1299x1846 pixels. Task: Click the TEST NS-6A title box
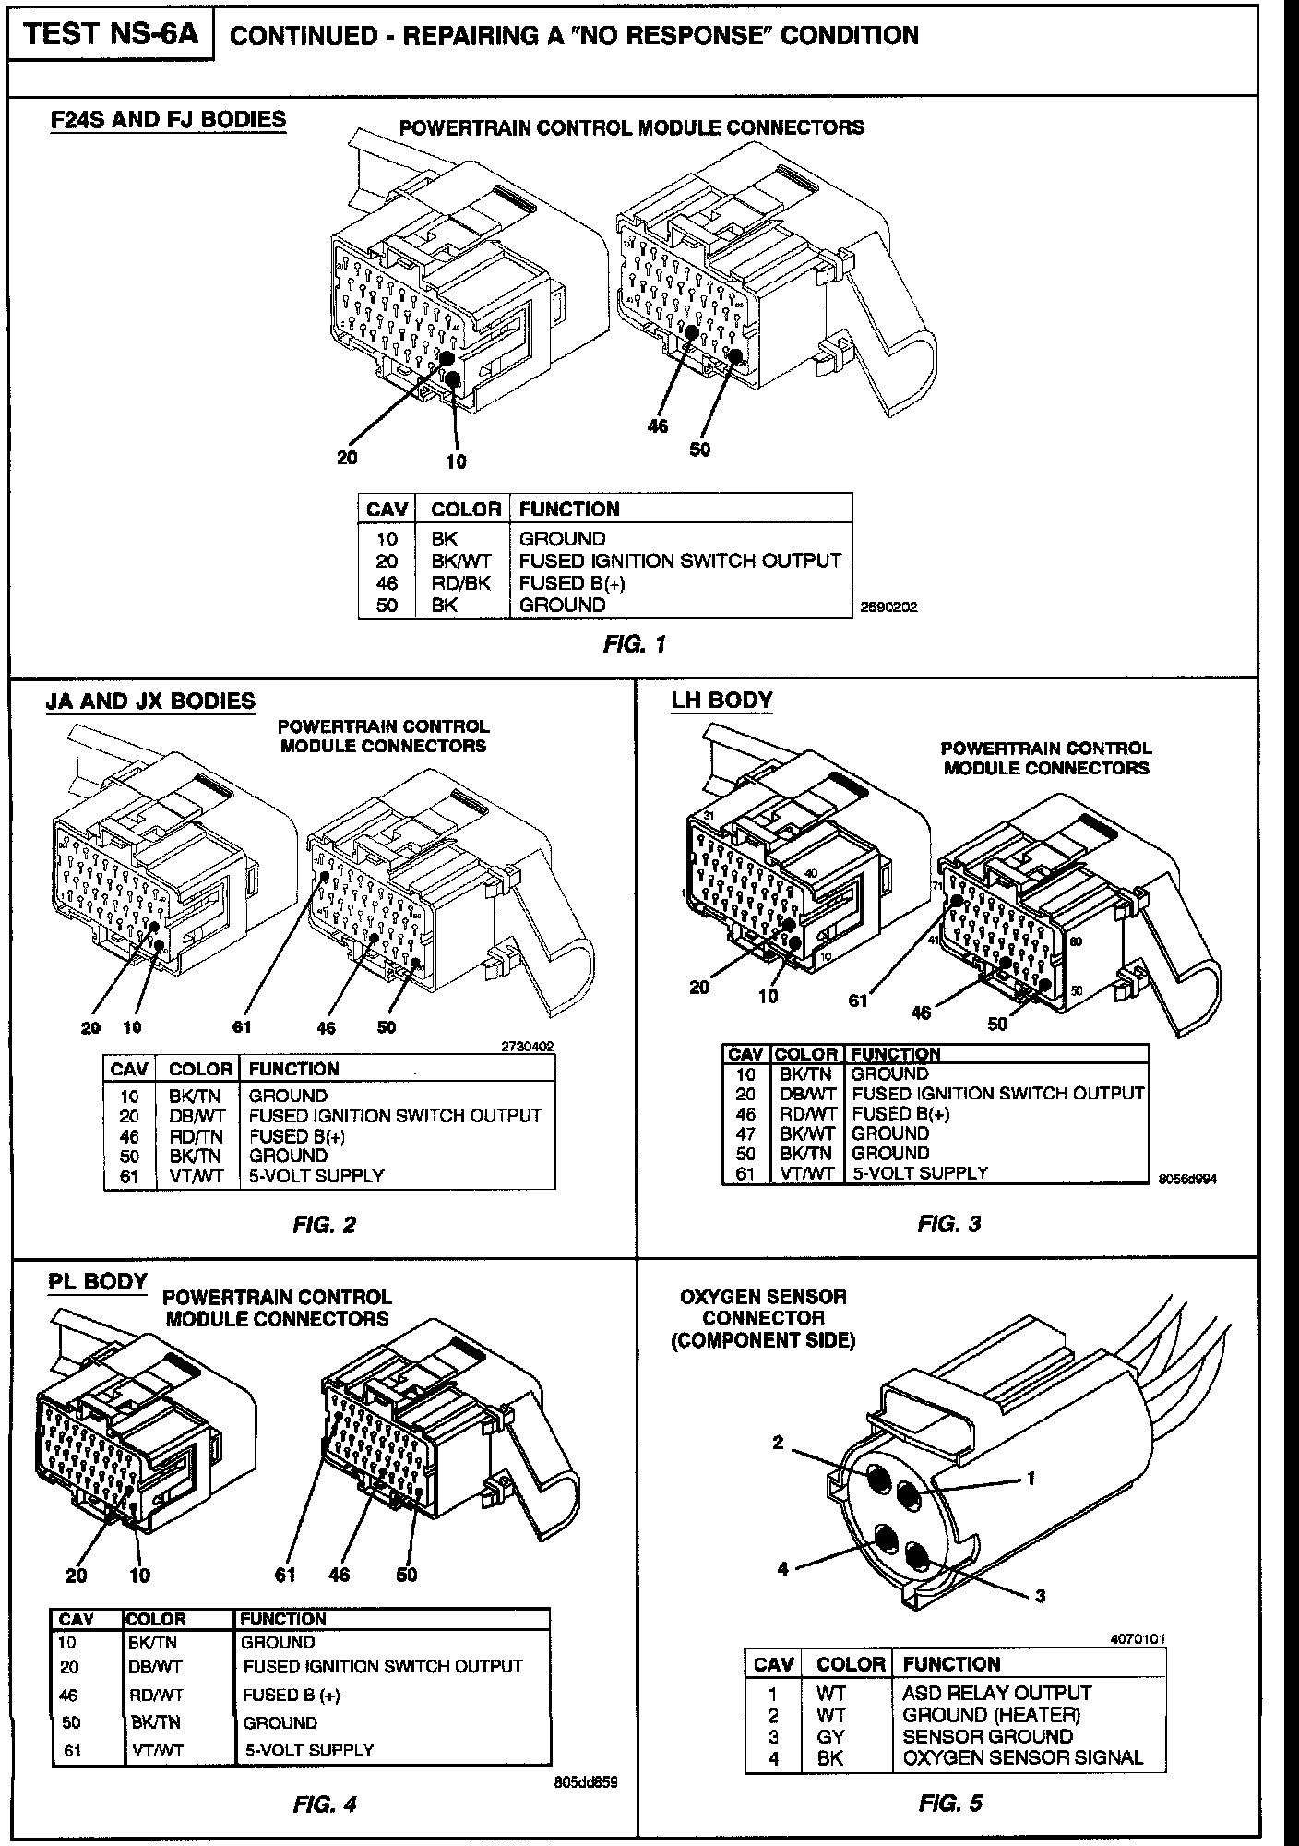pyautogui.click(x=111, y=34)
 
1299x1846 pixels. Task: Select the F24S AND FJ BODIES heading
pyautogui.click(x=168, y=120)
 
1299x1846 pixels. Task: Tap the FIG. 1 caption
pyautogui.click(x=634, y=644)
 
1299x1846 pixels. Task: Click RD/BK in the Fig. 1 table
pyautogui.click(x=461, y=582)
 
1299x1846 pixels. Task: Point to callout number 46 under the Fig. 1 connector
pyautogui.click(x=657, y=426)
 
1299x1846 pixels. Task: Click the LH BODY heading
pyautogui.click(x=721, y=701)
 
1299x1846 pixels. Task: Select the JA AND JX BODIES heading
pyautogui.click(x=150, y=701)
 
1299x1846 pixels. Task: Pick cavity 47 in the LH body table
pyautogui.click(x=745, y=1133)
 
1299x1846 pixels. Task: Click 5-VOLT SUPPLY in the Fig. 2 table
pyautogui.click(x=316, y=1176)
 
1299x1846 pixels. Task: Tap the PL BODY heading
pyautogui.click(x=98, y=1281)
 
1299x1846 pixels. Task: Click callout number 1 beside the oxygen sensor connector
pyautogui.click(x=1031, y=1478)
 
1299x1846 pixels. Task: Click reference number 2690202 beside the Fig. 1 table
pyautogui.click(x=888, y=607)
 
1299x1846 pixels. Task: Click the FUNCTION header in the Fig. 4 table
pyautogui.click(x=283, y=1619)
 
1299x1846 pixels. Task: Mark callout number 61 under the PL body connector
pyautogui.click(x=286, y=1575)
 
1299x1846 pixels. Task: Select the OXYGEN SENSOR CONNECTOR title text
pyautogui.click(x=763, y=1317)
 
